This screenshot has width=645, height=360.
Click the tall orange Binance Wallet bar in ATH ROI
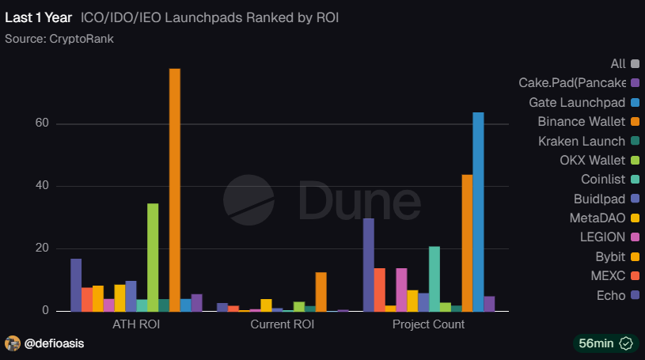point(174,190)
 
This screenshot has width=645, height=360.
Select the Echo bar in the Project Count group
point(369,264)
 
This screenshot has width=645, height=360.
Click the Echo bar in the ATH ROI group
point(76,285)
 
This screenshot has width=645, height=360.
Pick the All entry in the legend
point(618,64)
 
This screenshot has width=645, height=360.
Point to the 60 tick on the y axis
point(41,124)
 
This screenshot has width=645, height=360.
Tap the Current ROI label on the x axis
point(283,325)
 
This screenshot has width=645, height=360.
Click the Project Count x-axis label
point(428,325)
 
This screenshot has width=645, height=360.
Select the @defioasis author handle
point(55,343)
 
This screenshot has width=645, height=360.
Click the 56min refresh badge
point(605,343)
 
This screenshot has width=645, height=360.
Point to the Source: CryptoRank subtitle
point(59,38)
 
